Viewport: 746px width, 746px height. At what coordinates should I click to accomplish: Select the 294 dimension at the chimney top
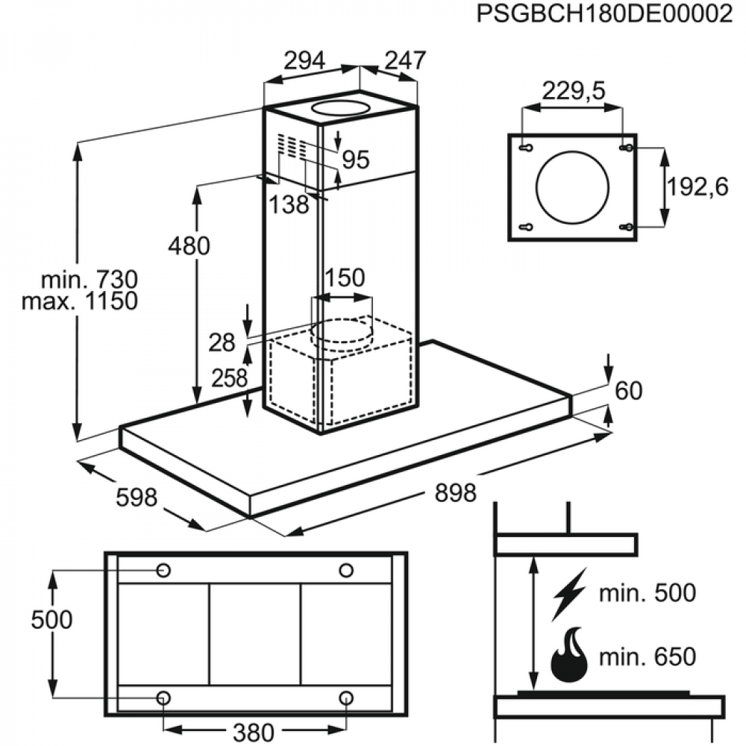point(304,61)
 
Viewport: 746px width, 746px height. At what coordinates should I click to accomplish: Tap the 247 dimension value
point(405,61)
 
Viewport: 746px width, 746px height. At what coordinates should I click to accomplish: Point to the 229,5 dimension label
point(573,92)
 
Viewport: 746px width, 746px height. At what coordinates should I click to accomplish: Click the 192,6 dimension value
point(698,187)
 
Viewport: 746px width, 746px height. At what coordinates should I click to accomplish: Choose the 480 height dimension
point(189,245)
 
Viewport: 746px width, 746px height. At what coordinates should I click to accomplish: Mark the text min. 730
point(90,280)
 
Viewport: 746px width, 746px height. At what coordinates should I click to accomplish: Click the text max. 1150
point(80,301)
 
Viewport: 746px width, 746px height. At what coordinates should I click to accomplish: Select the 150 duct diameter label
point(344,278)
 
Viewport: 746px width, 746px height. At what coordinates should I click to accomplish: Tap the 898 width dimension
point(454,493)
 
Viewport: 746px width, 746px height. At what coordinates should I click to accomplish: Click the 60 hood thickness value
point(629,390)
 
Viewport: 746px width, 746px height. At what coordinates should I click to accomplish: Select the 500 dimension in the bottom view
point(52,619)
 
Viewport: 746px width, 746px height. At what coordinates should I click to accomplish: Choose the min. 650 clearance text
point(647,657)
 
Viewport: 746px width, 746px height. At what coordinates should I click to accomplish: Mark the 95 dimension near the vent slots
point(356,159)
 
